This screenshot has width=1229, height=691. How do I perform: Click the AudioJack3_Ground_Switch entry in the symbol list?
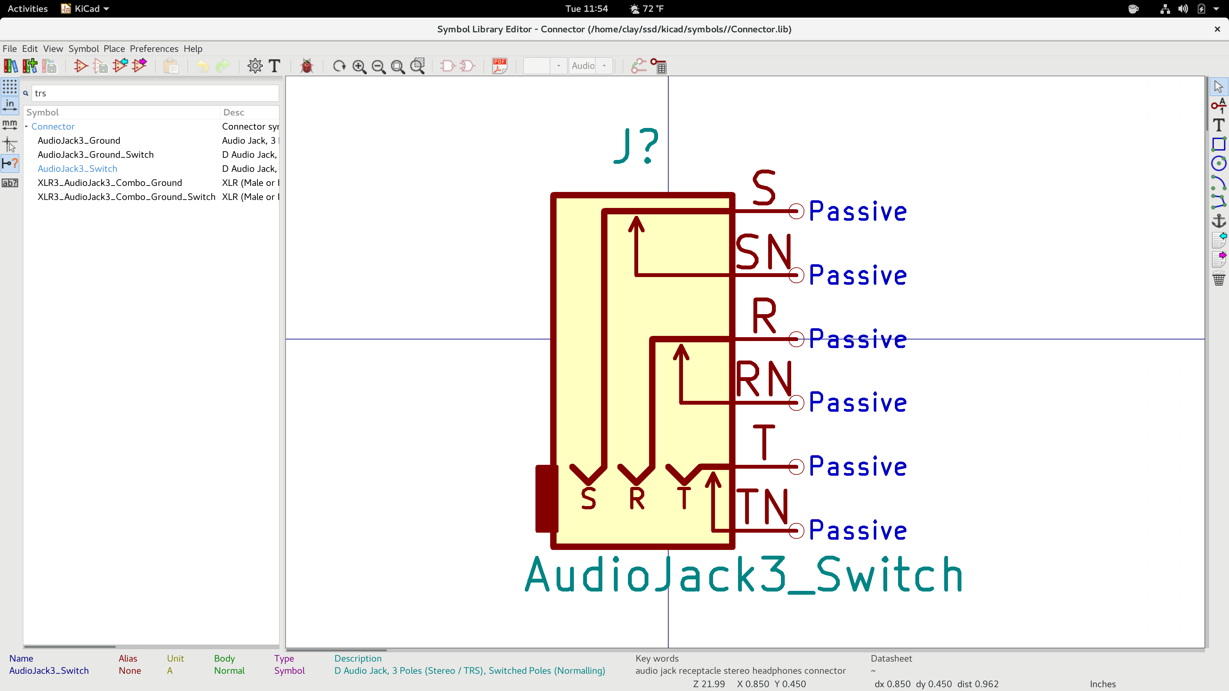pyautogui.click(x=95, y=155)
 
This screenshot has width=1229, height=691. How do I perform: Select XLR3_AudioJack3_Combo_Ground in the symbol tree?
pyautogui.click(x=110, y=183)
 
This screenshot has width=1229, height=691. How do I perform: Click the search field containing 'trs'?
pyautogui.click(x=155, y=93)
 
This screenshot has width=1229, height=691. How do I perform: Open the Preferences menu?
pyautogui.click(x=154, y=49)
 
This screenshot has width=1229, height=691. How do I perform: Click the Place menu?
pyautogui.click(x=114, y=49)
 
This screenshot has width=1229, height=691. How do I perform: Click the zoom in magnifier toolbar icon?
pyautogui.click(x=359, y=66)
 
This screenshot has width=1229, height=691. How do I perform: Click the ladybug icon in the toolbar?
pyautogui.click(x=307, y=66)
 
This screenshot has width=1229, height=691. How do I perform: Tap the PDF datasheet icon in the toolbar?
pyautogui.click(x=500, y=66)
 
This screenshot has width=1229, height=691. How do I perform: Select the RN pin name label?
pyautogui.click(x=763, y=379)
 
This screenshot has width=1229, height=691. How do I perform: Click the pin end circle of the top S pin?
pyautogui.click(x=796, y=211)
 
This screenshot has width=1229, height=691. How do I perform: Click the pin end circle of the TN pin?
pyautogui.click(x=796, y=530)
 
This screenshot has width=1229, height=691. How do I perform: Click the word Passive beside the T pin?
pyautogui.click(x=858, y=466)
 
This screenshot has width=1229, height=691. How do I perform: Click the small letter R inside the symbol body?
pyautogui.click(x=637, y=499)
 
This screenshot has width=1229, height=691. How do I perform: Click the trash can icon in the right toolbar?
pyautogui.click(x=1218, y=279)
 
